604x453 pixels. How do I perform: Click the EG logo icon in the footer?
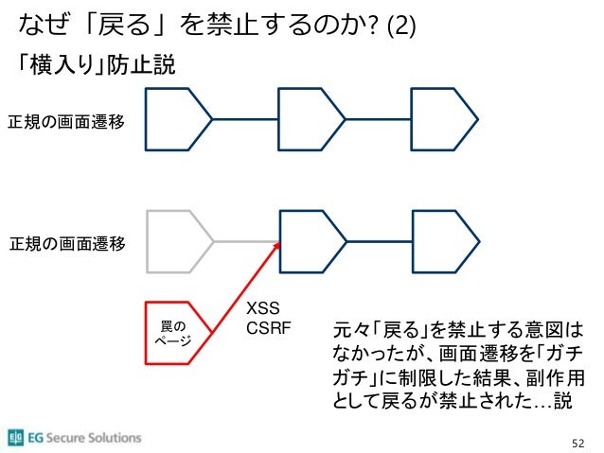point(16,438)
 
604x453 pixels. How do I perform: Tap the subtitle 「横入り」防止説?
point(93,67)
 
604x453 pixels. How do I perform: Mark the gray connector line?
point(247,241)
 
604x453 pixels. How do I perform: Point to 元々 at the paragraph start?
point(340,332)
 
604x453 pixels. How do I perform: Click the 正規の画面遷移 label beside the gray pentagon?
point(66,244)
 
